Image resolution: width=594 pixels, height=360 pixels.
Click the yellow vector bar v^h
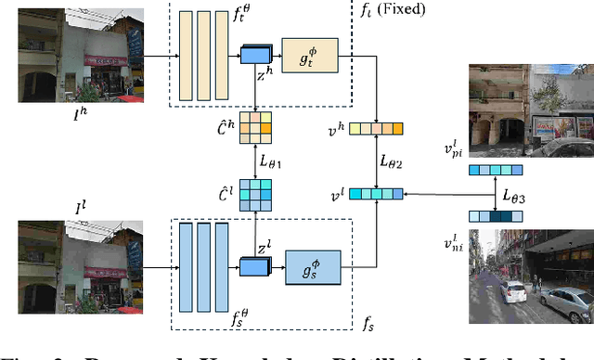coord(376,130)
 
